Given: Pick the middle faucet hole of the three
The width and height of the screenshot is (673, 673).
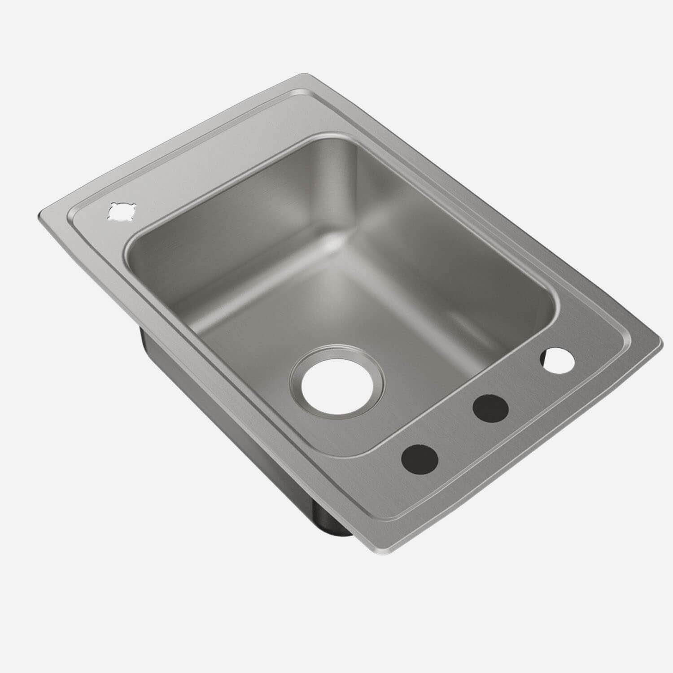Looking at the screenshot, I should (x=491, y=408).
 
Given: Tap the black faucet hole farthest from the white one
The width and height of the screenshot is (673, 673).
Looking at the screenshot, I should (x=420, y=458).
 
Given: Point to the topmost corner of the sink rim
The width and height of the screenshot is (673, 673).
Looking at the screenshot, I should (x=306, y=75).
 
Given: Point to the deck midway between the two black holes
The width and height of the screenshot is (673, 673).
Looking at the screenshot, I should (x=455, y=433).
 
